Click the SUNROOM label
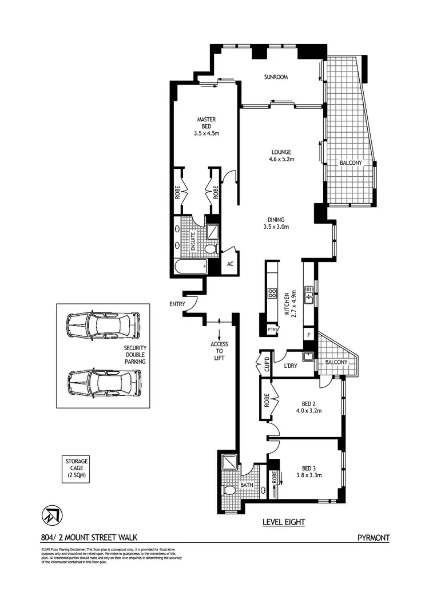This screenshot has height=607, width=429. (x=275, y=77)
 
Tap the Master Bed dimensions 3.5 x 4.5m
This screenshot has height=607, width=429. (x=206, y=134)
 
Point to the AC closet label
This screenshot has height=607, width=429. (x=231, y=264)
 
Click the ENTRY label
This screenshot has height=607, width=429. (x=176, y=304)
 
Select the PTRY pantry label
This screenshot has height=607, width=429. (x=272, y=330)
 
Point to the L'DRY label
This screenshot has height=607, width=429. (x=285, y=367)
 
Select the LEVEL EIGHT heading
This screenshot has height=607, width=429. (x=283, y=522)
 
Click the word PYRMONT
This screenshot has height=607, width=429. (x=373, y=537)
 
